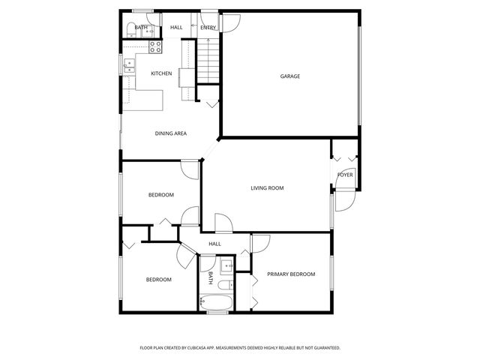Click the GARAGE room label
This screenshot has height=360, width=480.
pos(290,76)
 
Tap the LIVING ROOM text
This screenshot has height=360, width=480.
pos(267,187)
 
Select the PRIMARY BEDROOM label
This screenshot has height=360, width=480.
pos(291,274)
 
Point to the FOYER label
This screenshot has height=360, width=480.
pos(345,175)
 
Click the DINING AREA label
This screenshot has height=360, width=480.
pos(171,133)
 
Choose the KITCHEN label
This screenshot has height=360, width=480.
pos(161,73)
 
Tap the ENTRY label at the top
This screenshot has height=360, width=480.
pos(208,28)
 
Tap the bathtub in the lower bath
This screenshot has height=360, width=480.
pos(217,303)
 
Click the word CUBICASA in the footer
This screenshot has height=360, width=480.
pos(211,348)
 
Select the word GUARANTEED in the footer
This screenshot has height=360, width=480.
pos(325,348)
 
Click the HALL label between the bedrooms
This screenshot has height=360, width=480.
pos(214,244)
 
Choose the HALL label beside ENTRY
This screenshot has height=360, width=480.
pos(176,28)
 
